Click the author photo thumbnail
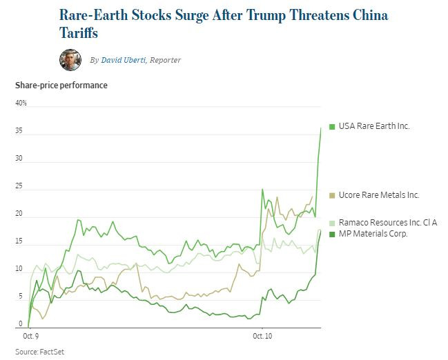click(x=70, y=60)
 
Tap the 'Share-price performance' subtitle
click(x=61, y=86)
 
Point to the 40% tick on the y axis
click(x=21, y=103)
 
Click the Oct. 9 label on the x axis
click(x=31, y=337)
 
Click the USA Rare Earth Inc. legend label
click(x=374, y=126)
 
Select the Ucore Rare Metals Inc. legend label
click(x=379, y=195)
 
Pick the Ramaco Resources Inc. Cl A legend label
click(x=388, y=222)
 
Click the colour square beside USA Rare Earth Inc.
click(x=332, y=126)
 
